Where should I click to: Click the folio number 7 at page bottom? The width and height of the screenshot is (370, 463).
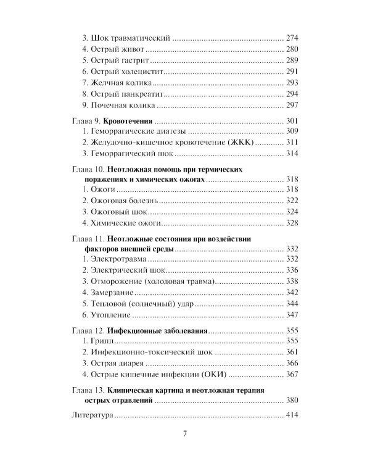coord(184,433)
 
